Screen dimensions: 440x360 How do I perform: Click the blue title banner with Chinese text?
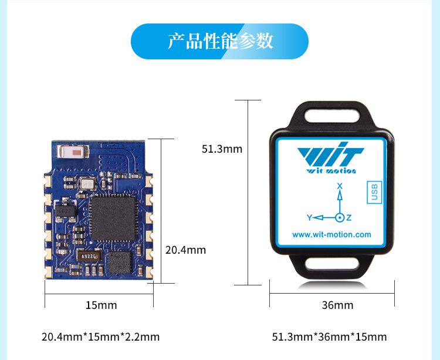pyautogui.click(x=219, y=41)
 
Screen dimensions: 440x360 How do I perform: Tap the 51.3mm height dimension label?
pyautogui.click(x=222, y=149)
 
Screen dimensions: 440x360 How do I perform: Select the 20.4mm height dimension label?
pyautogui.click(x=185, y=250)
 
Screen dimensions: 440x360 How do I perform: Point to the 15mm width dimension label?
pyautogui.click(x=101, y=305)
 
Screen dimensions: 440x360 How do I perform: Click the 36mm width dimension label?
pyautogui.click(x=337, y=305)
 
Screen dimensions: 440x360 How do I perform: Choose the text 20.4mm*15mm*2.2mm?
pyautogui.click(x=100, y=337)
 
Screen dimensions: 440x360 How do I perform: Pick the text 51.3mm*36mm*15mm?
pyautogui.click(x=329, y=337)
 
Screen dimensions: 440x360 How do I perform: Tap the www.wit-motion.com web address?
pyautogui.click(x=331, y=234)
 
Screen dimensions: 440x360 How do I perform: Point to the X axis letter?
pyautogui.click(x=339, y=186)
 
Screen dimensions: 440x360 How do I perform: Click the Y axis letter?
pyautogui.click(x=309, y=218)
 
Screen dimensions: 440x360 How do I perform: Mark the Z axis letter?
pyautogui.click(x=349, y=218)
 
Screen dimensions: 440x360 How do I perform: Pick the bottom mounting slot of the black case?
pyautogui.click(x=332, y=267)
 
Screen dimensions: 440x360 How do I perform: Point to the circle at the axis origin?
pyautogui.click(x=339, y=218)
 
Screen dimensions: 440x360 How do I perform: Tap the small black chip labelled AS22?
pyautogui.click(x=90, y=257)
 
